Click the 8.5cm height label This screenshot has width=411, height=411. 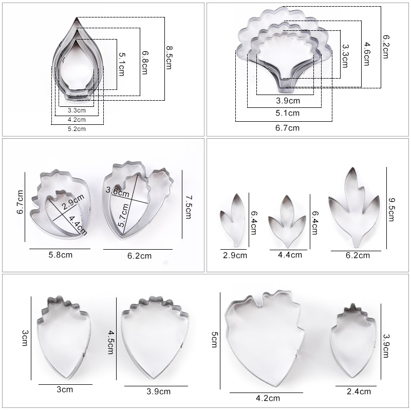[x=169, y=58]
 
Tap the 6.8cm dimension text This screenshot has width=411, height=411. [x=145, y=63]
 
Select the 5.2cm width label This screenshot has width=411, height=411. [x=77, y=129]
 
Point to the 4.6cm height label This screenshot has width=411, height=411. [x=366, y=54]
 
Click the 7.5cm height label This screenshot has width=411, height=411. [x=188, y=207]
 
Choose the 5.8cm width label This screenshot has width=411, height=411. [x=60, y=255]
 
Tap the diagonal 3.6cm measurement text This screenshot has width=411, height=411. [x=118, y=192]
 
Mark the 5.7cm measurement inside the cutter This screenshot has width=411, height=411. [x=123, y=215]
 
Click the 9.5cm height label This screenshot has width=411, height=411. [x=391, y=210]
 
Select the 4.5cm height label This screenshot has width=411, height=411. [x=111, y=342]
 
